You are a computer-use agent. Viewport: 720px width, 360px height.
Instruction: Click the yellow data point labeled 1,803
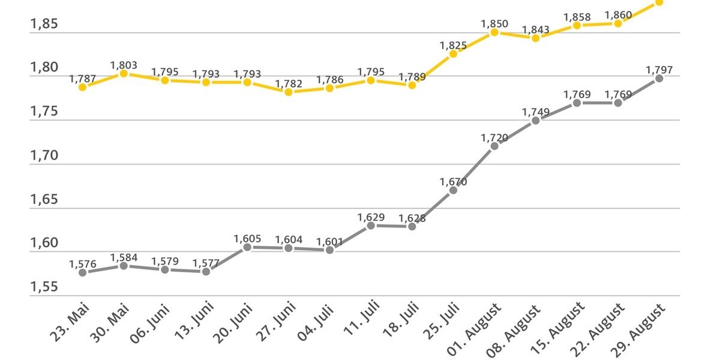pos(124,73)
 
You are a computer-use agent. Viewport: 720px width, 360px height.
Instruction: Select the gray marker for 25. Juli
pos(453,190)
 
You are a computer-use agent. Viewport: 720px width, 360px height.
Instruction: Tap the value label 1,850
pos(494,24)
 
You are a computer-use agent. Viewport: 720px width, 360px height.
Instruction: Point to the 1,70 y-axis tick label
pos(44,156)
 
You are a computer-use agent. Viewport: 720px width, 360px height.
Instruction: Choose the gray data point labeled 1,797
pos(659,78)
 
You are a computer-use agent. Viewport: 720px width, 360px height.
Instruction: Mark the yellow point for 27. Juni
pos(289,92)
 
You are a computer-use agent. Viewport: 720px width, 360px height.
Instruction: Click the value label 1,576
pos(83,263)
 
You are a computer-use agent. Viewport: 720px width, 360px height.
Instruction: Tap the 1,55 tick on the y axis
pos(44,287)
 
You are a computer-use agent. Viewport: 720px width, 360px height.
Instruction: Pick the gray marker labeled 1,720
pos(494,146)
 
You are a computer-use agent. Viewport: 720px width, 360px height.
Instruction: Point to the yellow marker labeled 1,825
pos(453,54)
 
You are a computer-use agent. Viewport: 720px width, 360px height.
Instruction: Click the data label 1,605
pos(247,239)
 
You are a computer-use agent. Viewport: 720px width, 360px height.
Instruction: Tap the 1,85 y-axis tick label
pos(44,25)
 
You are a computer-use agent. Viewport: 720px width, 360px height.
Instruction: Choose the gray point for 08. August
pos(536,121)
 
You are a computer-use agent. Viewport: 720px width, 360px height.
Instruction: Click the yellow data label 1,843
pos(536,29)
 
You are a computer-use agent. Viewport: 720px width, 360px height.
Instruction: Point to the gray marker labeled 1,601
pos(329,250)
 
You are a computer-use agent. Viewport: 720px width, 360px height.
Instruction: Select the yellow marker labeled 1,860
pos(618,23)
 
